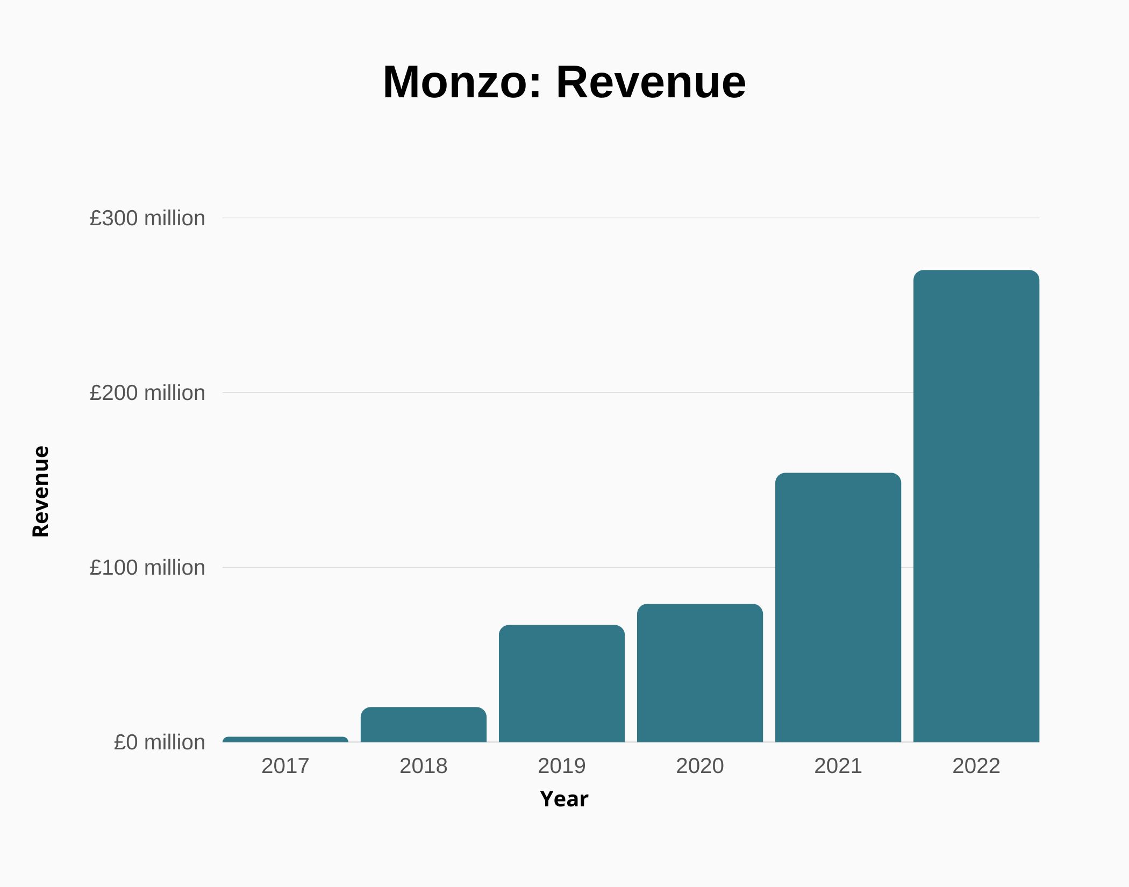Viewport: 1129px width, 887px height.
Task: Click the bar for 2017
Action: click(x=285, y=740)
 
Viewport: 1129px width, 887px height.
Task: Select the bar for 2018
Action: click(x=424, y=725)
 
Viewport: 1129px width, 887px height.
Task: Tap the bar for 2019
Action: click(x=562, y=683)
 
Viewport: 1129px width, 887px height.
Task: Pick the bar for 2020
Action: click(x=700, y=673)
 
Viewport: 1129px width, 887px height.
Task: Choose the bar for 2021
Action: click(x=838, y=607)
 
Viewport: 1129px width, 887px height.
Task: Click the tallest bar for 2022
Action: click(x=976, y=506)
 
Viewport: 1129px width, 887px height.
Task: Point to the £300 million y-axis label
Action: click(x=147, y=218)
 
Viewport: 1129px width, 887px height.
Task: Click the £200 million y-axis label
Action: click(x=147, y=393)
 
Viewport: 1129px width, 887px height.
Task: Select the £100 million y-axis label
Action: click(x=147, y=568)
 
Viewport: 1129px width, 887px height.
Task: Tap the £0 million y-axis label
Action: click(x=159, y=742)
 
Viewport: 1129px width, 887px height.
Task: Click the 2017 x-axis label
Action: click(x=285, y=766)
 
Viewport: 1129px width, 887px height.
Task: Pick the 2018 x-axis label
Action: click(x=424, y=766)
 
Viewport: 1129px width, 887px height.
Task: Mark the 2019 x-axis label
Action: click(x=562, y=766)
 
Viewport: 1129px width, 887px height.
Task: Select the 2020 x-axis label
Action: click(x=700, y=766)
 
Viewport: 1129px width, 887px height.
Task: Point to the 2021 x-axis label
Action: click(x=838, y=766)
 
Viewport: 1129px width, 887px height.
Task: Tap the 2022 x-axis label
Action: click(x=976, y=766)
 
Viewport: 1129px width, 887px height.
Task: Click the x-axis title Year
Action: click(x=564, y=799)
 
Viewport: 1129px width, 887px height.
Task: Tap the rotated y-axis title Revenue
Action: click(x=41, y=491)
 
